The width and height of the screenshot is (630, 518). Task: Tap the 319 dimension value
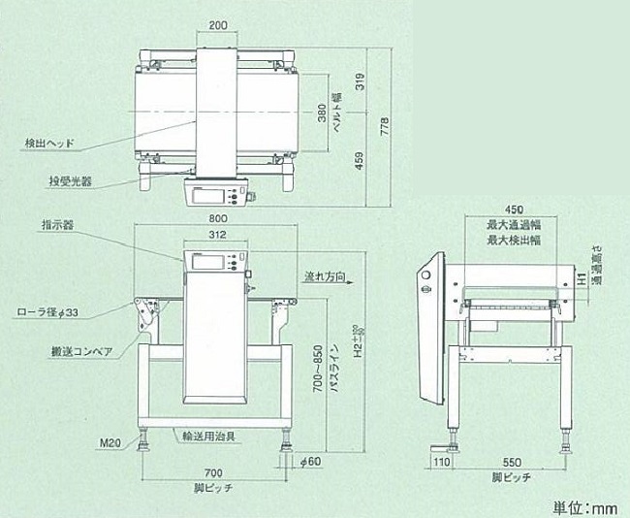[359, 82]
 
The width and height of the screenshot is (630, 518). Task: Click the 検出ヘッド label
[47, 144]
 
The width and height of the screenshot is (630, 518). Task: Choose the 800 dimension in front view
[219, 217]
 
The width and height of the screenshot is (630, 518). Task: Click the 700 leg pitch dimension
[213, 469]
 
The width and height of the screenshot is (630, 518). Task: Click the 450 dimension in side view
[514, 210]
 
